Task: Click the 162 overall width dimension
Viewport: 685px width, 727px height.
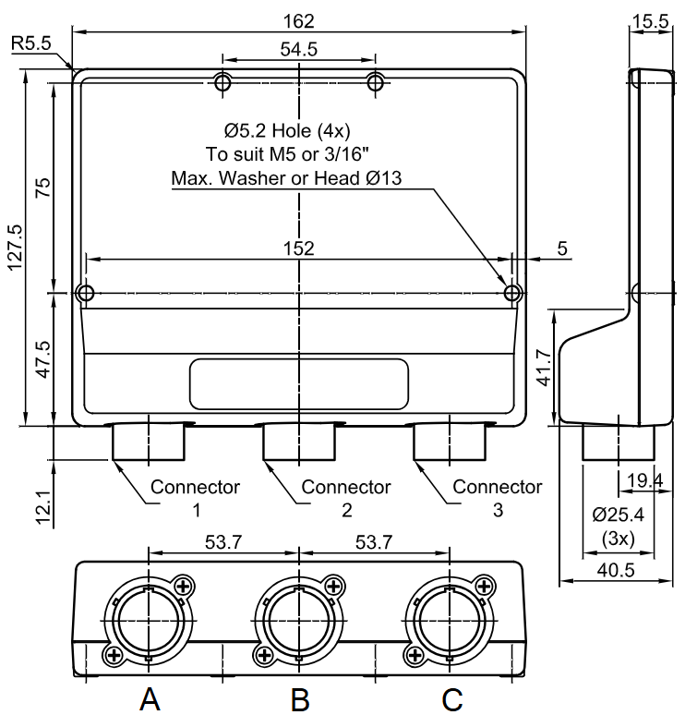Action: [298, 21]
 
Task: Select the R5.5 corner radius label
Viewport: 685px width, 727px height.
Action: [31, 43]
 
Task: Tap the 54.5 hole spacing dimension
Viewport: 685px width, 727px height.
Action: [299, 49]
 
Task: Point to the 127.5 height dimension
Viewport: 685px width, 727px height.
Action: [15, 248]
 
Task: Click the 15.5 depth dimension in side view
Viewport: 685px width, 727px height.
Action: [651, 21]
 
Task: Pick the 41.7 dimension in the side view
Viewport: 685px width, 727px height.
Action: [545, 368]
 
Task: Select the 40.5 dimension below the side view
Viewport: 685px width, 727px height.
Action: [616, 570]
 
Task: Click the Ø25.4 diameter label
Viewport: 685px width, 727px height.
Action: [619, 515]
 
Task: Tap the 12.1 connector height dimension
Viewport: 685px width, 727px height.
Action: [44, 506]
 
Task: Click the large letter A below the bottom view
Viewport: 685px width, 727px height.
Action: [150, 699]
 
